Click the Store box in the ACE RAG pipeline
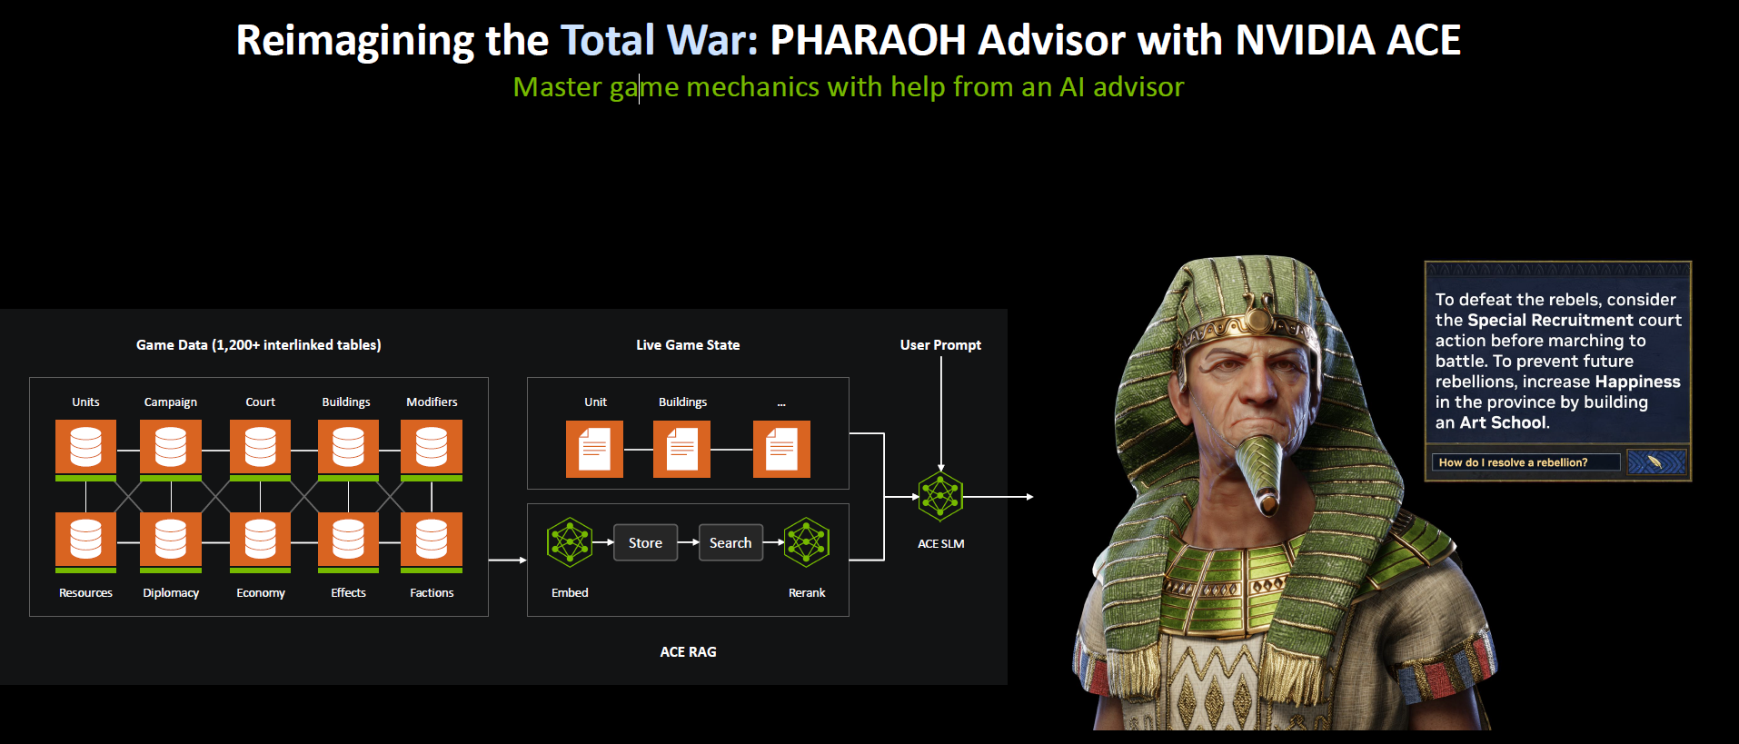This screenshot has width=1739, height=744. point(645,542)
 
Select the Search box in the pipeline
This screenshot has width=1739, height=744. point(730,542)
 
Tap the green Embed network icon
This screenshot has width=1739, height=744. point(570,542)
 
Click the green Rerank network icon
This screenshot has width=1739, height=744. point(807,542)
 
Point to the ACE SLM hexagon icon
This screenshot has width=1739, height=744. point(940,496)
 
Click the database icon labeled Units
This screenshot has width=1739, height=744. point(85,450)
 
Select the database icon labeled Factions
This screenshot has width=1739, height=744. point(432,542)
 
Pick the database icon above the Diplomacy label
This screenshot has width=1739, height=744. point(171,542)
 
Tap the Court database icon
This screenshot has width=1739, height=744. point(260,450)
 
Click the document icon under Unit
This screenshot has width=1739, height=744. point(594,449)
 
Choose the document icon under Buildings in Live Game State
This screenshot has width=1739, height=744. point(681,449)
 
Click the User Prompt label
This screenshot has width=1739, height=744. point(940,345)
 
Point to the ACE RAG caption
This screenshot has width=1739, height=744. point(688,652)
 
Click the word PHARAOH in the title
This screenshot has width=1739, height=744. point(868,40)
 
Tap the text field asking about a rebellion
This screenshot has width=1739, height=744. point(1525,462)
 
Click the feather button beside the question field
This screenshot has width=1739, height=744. point(1656,462)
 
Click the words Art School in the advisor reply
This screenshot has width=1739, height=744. point(1503,422)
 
